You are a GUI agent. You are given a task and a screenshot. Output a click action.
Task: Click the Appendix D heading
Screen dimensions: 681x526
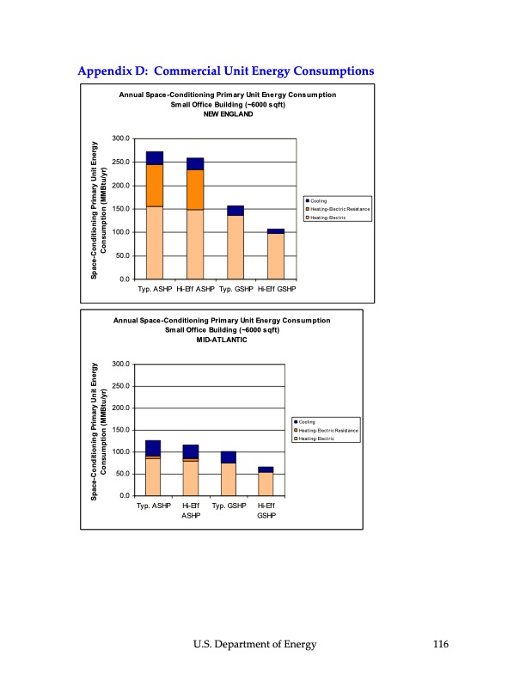(225, 70)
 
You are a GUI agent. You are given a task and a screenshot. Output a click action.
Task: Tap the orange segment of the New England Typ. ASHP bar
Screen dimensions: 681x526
(155, 185)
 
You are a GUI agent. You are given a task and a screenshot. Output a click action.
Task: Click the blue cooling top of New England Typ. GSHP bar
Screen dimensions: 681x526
(235, 211)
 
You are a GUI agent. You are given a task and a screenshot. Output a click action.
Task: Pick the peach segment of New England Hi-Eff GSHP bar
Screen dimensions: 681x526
(275, 256)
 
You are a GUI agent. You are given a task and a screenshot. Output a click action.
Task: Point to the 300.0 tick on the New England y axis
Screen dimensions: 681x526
(121, 139)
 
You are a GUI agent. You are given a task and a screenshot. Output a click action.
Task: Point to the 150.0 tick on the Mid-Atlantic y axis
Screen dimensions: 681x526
(121, 430)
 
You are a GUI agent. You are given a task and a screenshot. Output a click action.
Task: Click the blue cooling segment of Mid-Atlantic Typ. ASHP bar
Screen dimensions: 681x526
(153, 448)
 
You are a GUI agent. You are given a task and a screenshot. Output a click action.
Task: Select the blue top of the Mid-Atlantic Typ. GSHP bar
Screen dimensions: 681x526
(228, 457)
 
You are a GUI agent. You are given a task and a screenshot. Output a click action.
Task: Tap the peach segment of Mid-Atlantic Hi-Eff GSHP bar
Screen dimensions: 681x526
(266, 484)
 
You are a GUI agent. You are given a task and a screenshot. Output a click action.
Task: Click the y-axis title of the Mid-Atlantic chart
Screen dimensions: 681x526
(96, 430)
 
